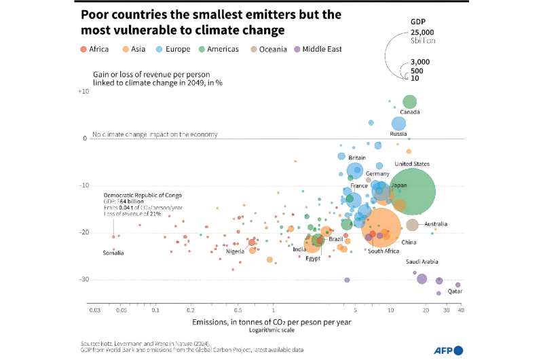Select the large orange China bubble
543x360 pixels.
[x=381, y=230]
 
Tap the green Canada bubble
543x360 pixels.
[x=409, y=102]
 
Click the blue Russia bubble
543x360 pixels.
[x=398, y=124]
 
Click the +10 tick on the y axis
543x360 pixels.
[x=83, y=91]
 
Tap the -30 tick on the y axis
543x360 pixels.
[x=83, y=280]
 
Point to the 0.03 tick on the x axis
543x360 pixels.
[x=94, y=310]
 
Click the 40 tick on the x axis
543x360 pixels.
[x=460, y=310]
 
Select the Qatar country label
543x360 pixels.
[x=454, y=291]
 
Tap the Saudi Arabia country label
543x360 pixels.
[x=422, y=262]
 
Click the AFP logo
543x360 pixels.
[x=449, y=350]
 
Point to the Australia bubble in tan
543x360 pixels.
[x=412, y=225]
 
